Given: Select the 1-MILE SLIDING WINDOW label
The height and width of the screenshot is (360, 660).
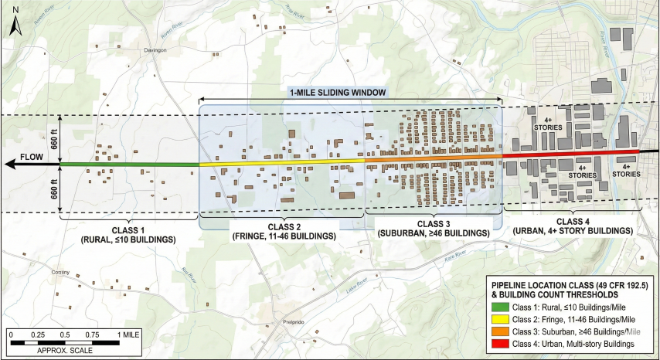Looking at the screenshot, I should [337, 92].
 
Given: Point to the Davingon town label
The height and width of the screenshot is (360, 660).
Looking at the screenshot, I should [155, 49].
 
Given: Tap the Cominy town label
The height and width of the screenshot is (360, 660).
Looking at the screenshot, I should [60, 273].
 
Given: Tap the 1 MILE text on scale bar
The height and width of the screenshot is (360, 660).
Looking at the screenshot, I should [128, 334].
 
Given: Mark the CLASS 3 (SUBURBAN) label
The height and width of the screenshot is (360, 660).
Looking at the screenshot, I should [433, 228].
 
